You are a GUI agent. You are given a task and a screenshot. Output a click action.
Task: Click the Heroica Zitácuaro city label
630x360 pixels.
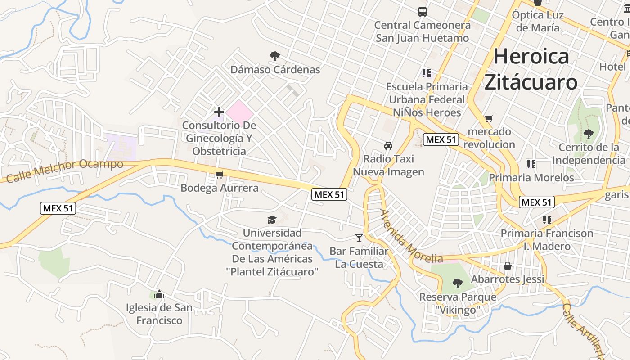[531, 69]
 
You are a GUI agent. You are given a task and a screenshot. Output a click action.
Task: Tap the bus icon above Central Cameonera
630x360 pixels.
[422, 12]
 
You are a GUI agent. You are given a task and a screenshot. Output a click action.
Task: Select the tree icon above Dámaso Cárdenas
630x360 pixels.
[274, 56]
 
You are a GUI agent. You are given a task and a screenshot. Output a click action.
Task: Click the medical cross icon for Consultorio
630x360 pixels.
[219, 112]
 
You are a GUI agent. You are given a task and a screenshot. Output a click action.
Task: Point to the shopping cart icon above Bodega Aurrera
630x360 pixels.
[219, 175]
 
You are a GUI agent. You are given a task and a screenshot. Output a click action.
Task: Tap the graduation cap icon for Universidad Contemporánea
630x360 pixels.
[272, 220]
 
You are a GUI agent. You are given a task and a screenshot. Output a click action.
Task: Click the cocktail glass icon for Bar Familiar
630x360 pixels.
[359, 238]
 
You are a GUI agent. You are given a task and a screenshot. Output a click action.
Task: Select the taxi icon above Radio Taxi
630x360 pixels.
[388, 146]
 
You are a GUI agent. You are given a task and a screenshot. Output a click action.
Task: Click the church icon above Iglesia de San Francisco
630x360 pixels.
[159, 295]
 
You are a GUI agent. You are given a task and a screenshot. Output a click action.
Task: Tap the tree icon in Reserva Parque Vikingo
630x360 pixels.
[458, 283]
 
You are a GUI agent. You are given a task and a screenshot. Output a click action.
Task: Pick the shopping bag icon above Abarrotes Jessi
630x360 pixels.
[508, 266]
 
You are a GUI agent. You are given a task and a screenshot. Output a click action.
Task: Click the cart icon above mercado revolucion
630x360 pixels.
[489, 119]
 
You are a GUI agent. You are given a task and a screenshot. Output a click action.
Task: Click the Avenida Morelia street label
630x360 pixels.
[410, 237]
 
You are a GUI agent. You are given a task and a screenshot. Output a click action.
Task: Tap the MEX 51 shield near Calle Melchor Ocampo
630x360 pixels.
[58, 208]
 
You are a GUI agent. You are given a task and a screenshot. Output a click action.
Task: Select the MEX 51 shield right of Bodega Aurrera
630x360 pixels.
[329, 194]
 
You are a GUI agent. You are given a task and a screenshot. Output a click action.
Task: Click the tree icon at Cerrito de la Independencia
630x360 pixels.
[588, 134]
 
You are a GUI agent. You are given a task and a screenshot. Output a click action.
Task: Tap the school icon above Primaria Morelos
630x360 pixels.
[531, 164]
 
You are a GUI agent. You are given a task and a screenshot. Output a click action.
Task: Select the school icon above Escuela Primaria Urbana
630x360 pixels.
[427, 73]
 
